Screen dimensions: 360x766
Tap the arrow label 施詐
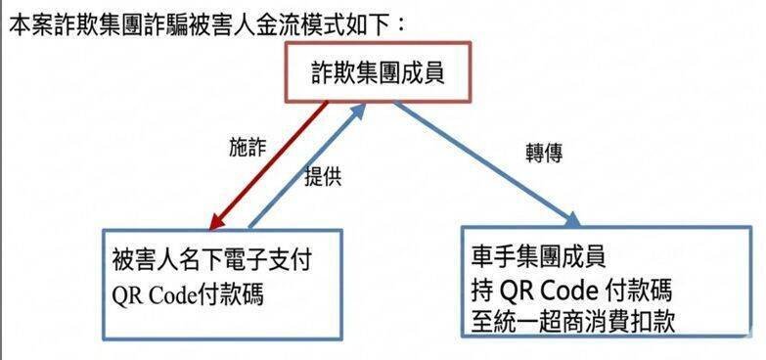pyautogui.click(x=246, y=148)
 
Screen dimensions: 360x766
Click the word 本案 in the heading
pyautogui.click(x=27, y=22)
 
